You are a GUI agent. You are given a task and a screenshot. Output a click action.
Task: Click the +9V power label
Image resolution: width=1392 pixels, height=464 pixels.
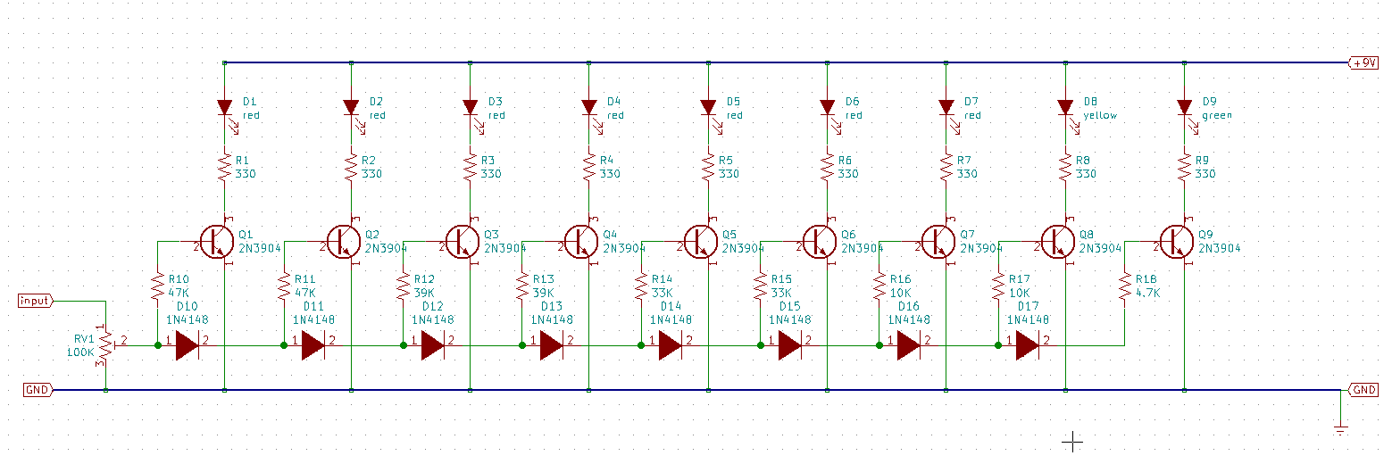(1363, 63)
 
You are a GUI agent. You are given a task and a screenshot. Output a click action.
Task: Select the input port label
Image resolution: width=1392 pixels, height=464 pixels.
(35, 301)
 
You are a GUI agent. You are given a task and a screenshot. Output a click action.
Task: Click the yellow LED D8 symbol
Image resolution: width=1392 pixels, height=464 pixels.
(1064, 108)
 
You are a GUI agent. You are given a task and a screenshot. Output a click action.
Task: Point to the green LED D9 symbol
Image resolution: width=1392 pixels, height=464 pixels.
(1184, 108)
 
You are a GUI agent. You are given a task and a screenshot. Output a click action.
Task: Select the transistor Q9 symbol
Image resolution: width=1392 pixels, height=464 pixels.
(1176, 240)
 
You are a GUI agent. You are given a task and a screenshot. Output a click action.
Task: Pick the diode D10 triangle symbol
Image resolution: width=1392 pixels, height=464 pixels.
(187, 345)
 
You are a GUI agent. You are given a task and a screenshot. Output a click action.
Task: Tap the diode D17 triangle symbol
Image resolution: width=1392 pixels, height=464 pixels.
(1029, 345)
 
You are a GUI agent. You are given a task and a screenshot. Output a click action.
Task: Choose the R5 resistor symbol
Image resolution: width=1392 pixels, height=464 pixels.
(708, 167)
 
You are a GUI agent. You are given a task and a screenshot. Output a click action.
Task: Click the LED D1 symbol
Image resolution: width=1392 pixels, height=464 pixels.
(224, 108)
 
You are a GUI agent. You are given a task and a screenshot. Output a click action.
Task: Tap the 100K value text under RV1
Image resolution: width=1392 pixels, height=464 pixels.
(80, 352)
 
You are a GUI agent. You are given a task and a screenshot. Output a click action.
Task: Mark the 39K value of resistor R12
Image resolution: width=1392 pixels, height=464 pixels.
(424, 292)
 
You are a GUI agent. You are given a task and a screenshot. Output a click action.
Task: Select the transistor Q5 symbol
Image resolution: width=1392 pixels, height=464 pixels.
(700, 240)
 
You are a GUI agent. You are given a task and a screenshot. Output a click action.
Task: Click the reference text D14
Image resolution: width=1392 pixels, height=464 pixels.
(671, 306)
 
